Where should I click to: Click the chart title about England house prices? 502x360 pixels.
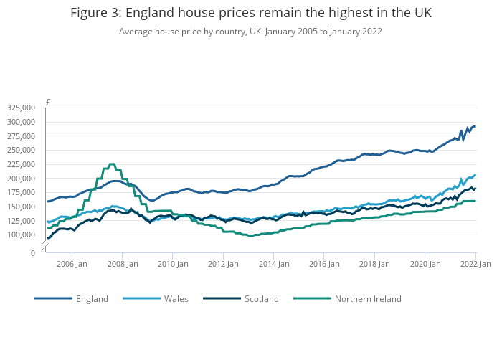(x=251, y=14)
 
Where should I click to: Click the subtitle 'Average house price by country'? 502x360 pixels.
(x=250, y=32)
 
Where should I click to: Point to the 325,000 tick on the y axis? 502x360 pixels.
(x=20, y=108)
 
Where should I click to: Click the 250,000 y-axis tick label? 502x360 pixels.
(x=20, y=150)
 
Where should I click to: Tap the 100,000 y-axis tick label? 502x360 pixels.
(x=20, y=235)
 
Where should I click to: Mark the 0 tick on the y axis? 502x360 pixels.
(x=32, y=253)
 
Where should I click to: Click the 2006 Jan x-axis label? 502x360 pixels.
(x=72, y=264)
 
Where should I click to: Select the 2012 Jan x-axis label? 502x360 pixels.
(x=223, y=264)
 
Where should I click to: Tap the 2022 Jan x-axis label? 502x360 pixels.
(x=475, y=264)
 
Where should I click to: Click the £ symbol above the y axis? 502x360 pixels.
(x=48, y=102)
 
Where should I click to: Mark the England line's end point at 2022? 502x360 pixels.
(x=475, y=126)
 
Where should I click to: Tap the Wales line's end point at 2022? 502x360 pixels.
(x=475, y=175)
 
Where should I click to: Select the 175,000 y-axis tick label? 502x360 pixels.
(x=20, y=193)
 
